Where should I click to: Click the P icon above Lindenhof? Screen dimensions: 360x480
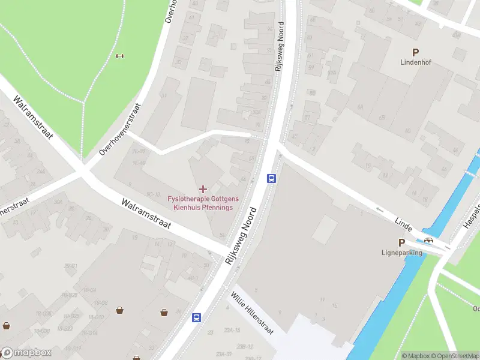coord(415,52)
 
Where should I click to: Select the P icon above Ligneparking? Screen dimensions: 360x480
coord(401,243)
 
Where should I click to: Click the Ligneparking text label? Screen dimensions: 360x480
coord(402,253)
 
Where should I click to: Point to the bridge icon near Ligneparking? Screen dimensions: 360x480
coord(429,241)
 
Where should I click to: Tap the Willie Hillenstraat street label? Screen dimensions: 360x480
coord(253,313)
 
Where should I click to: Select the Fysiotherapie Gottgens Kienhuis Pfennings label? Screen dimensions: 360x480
coord(203,203)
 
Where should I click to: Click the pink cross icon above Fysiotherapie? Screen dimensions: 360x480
coord(203,189)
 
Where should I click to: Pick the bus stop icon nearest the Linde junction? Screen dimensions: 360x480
coord(271,178)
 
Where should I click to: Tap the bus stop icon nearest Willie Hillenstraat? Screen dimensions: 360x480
coord(196,317)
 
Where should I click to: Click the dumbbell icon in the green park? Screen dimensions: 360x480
coord(119,56)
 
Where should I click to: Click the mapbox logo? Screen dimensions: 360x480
coord(26,353)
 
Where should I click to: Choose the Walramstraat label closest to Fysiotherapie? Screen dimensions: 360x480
coord(146,214)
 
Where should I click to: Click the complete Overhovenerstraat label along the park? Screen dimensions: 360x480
coord(121,129)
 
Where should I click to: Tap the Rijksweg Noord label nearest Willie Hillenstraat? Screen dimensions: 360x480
coord(241,237)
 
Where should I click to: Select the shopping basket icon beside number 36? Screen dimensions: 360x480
coord(164,312)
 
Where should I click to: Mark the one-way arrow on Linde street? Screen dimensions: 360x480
coord(379,209)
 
